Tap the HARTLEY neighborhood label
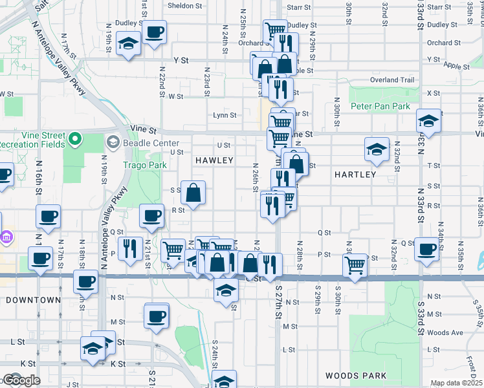(x=355, y=175)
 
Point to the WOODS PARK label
(x=356, y=376)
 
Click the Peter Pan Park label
(x=380, y=106)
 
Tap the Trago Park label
(x=140, y=164)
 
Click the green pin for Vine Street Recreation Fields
(x=76, y=138)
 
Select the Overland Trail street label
(x=391, y=80)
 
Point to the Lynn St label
(x=225, y=116)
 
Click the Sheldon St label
(x=185, y=6)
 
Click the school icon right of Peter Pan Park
(x=428, y=120)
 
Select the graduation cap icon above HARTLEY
(x=377, y=149)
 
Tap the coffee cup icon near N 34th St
(x=426, y=248)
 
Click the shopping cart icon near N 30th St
(x=355, y=264)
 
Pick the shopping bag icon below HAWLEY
(x=193, y=191)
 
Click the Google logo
(x=21, y=380)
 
